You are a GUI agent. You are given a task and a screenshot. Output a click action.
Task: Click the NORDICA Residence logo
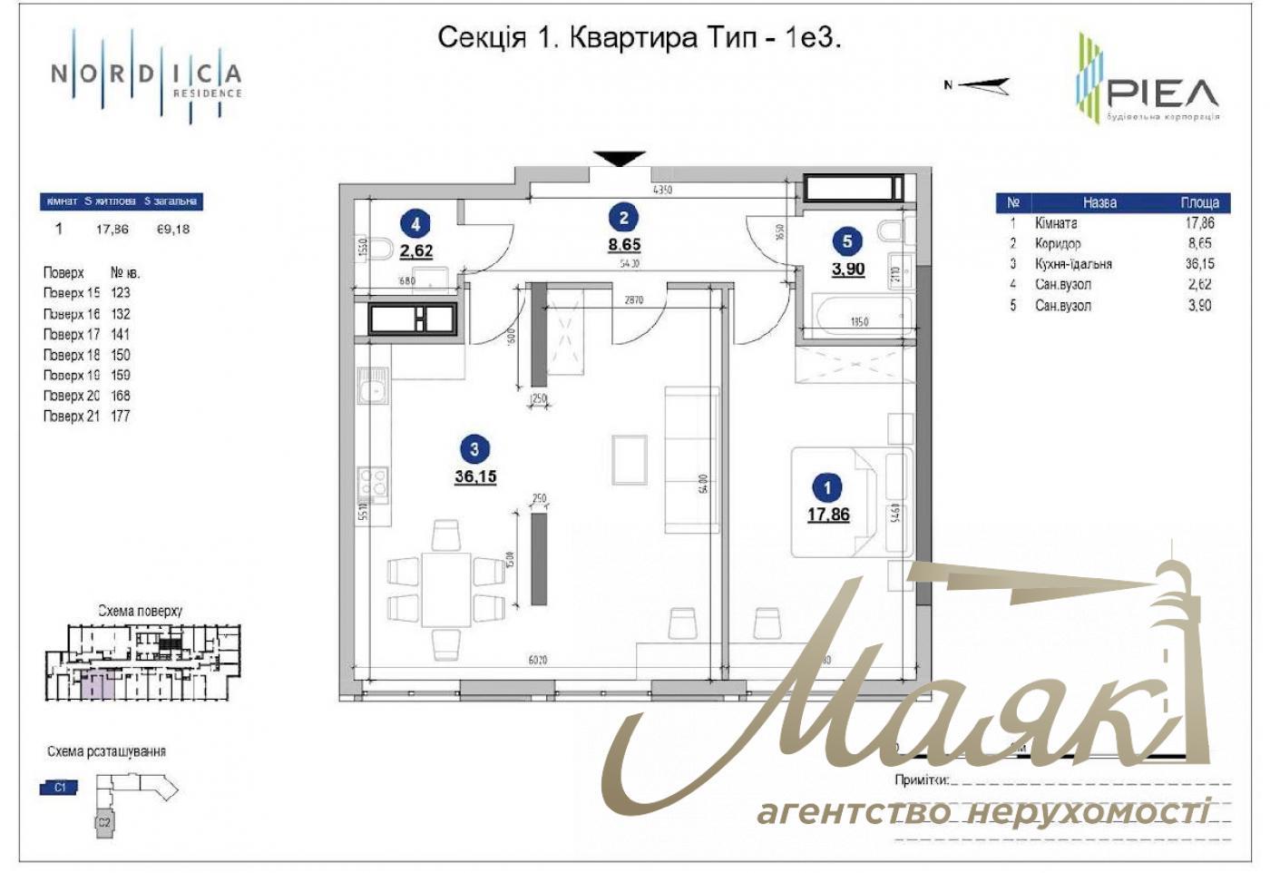[146, 76]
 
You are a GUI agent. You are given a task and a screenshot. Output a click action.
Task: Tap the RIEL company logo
[1147, 79]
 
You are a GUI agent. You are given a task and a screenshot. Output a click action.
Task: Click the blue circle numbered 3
[474, 448]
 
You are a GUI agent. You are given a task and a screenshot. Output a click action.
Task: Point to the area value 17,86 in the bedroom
[828, 515]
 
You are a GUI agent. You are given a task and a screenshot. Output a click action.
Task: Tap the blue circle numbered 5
[847, 240]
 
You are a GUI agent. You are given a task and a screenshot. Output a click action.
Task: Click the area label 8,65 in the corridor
[624, 245]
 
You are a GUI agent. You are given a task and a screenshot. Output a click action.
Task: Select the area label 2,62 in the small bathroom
[416, 251]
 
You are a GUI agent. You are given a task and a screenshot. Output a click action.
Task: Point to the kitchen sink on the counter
[373, 391]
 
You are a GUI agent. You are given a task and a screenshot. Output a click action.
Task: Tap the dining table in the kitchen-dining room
[445, 589]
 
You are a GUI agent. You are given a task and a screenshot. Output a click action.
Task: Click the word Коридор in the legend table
[1058, 243]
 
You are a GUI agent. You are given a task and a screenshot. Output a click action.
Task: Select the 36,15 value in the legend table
[1198, 264]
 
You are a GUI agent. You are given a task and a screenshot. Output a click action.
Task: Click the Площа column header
[1199, 202]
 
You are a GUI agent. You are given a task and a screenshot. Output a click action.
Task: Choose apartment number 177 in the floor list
[121, 417]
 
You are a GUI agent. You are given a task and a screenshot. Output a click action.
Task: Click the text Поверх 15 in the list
[72, 293]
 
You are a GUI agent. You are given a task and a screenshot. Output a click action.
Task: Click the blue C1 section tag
[60, 788]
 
